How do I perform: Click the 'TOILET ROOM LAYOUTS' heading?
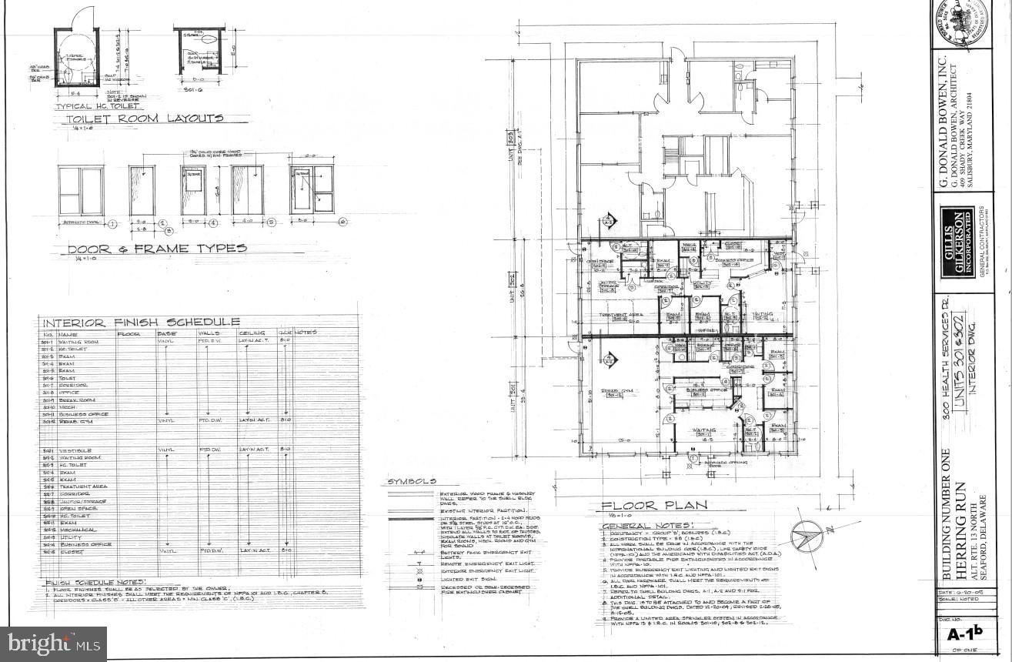pyautogui.click(x=145, y=119)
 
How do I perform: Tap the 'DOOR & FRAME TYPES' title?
pyautogui.click(x=157, y=249)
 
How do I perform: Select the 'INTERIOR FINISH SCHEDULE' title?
pyautogui.click(x=141, y=322)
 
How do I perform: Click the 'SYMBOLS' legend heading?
pyautogui.click(x=412, y=481)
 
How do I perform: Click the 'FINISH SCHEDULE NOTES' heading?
pyautogui.click(x=95, y=583)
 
